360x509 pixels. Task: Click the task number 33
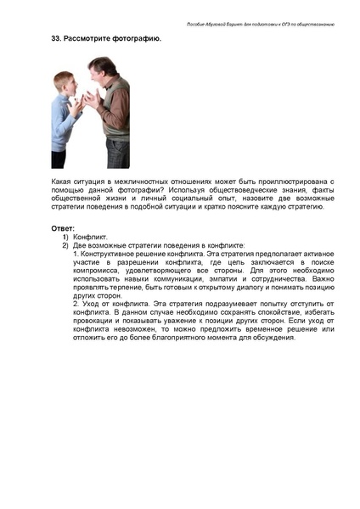tap(57, 40)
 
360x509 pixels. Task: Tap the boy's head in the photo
tap(64, 83)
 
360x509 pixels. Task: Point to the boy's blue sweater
tap(63, 119)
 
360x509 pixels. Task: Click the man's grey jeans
tap(115, 153)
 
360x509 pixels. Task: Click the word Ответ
tap(64, 228)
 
